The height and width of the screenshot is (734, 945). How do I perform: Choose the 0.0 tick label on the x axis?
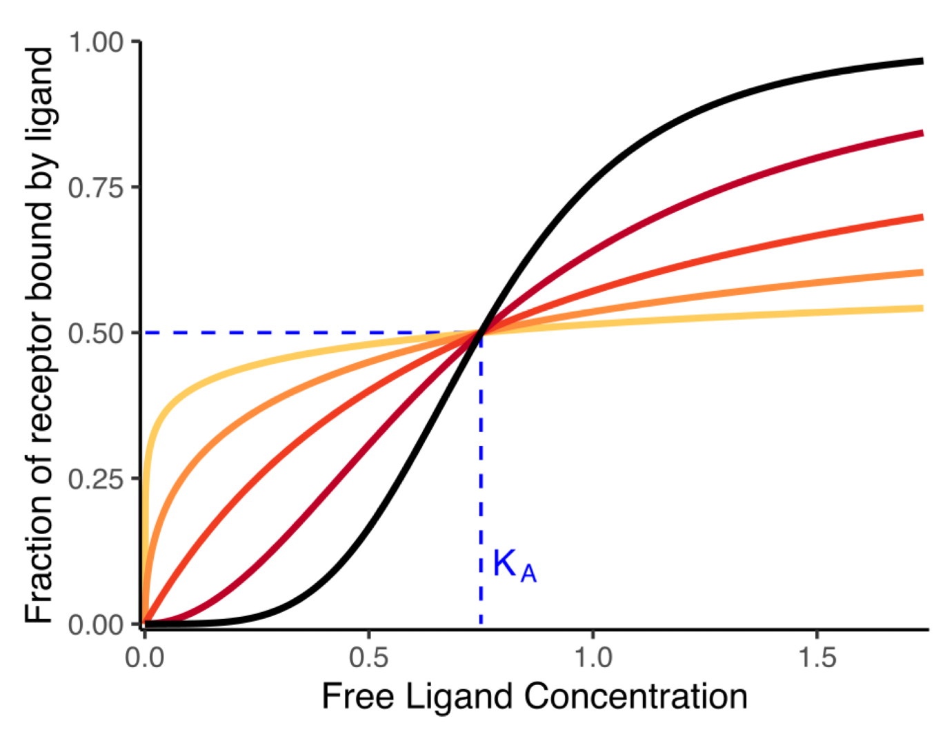point(145,657)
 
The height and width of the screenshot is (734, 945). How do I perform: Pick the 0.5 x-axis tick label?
point(368,657)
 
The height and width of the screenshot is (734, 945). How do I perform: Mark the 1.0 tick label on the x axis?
point(593,657)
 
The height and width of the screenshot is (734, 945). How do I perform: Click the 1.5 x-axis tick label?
point(817,657)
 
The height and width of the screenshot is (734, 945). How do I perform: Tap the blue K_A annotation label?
point(514,566)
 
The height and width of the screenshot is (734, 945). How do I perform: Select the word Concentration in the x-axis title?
point(636,696)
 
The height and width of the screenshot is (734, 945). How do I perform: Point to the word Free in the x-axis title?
point(357,696)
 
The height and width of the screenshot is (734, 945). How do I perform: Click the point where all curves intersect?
point(481,333)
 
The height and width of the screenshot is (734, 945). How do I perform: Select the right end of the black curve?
point(922,61)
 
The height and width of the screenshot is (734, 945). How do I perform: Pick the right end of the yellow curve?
point(922,308)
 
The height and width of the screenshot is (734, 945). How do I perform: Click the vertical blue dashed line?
point(481,482)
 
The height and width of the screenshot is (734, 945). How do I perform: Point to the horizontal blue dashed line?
point(310,333)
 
